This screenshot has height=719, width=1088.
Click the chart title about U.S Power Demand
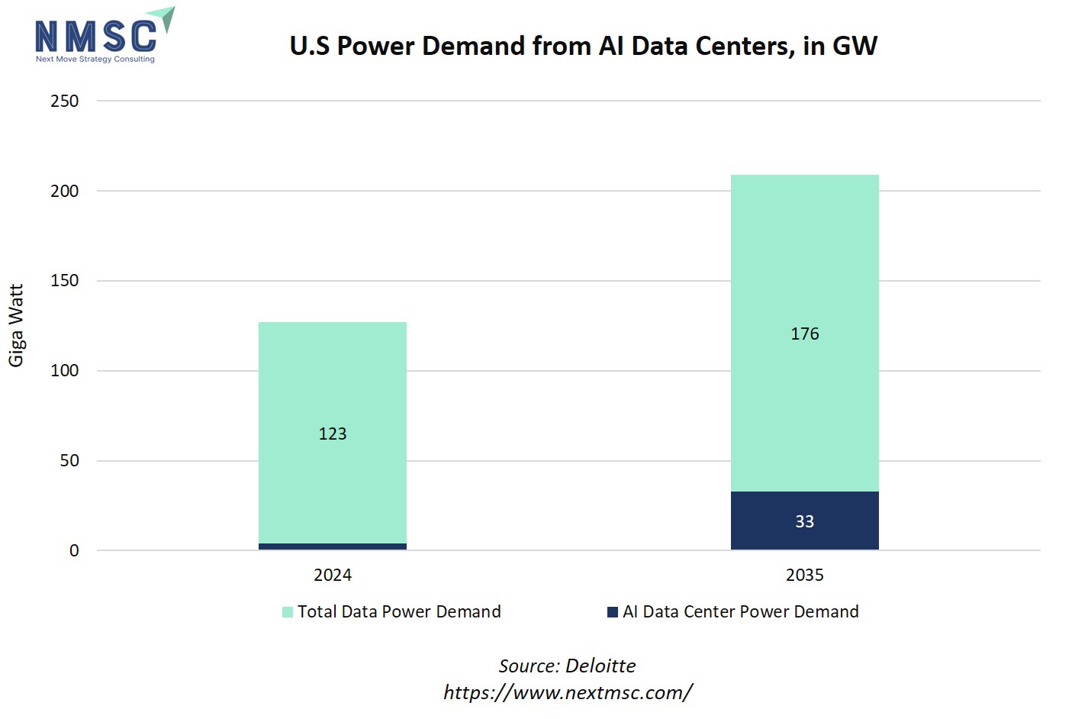(583, 46)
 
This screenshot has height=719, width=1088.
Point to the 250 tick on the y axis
(65, 102)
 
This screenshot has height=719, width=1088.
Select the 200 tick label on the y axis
(65, 192)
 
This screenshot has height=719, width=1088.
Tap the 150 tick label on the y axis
(65, 281)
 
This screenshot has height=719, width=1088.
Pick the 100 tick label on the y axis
(65, 371)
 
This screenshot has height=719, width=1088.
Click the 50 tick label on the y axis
(69, 461)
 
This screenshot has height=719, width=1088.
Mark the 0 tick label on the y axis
(74, 551)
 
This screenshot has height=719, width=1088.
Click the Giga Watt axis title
(17, 325)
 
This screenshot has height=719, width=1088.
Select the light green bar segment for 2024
(332, 382)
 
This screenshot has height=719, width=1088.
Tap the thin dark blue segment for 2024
(332, 547)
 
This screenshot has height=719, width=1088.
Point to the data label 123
(332, 434)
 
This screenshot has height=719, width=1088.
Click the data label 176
(804, 334)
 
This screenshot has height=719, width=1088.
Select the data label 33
(804, 521)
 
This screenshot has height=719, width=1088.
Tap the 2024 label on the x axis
(332, 576)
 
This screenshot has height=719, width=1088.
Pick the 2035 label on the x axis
(804, 576)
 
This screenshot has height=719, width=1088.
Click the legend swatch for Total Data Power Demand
(288, 612)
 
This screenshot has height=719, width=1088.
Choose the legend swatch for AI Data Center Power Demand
(613, 612)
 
